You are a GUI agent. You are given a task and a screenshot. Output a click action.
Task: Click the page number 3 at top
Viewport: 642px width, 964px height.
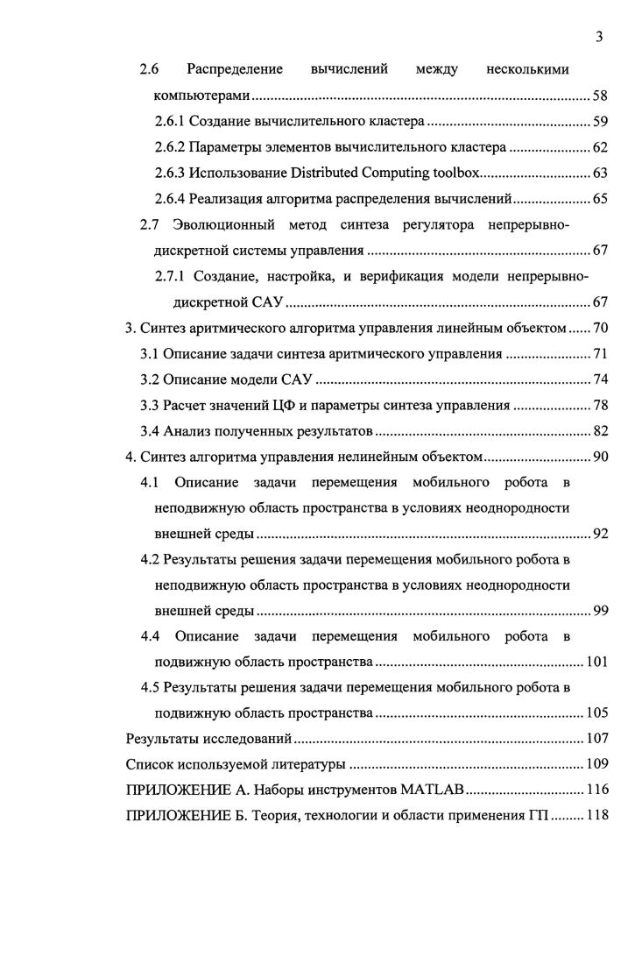599,37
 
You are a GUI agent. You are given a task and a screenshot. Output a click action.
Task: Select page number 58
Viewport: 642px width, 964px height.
600,96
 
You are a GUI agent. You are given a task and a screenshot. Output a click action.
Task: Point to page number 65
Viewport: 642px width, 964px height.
600,199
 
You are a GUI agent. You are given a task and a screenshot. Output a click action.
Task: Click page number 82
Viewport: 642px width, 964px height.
600,431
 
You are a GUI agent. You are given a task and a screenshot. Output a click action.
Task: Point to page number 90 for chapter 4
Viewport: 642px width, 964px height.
600,457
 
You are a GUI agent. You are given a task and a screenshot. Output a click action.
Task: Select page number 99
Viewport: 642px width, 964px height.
600,611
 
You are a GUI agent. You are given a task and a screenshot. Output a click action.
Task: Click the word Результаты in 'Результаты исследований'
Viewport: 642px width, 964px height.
163,738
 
